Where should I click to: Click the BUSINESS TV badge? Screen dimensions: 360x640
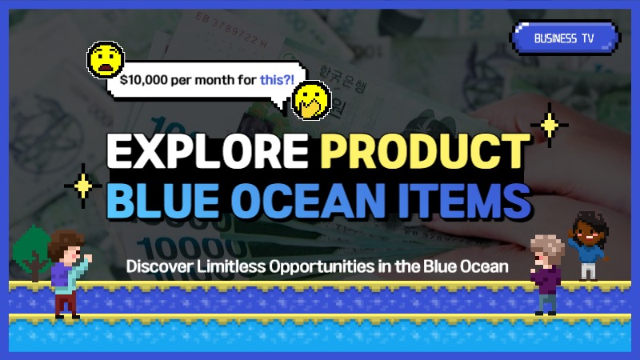tap(566, 38)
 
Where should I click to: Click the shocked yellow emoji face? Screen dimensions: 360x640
tap(106, 60)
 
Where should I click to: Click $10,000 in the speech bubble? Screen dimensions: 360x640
tap(143, 80)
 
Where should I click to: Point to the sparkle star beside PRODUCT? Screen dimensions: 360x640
tap(549, 123)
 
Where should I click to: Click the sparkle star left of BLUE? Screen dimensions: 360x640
tap(82, 185)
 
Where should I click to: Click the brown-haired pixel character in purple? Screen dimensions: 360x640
tap(66, 264)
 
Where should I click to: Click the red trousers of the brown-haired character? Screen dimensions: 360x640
tap(66, 302)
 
